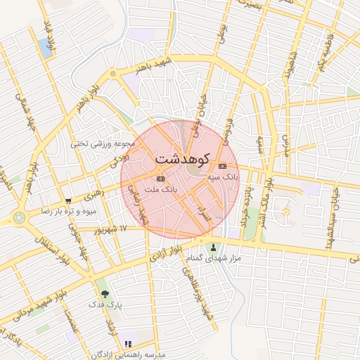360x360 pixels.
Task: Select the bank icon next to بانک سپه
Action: [x=223, y=167]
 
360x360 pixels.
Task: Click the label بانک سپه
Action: [x=223, y=177]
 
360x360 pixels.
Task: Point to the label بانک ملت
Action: [x=160, y=189]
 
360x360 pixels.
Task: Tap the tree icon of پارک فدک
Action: [x=105, y=294]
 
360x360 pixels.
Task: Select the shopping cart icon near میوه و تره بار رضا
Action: [x=67, y=200]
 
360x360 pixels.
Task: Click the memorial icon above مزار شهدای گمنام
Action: [x=213, y=247]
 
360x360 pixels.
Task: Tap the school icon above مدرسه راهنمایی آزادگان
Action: [x=128, y=344]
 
